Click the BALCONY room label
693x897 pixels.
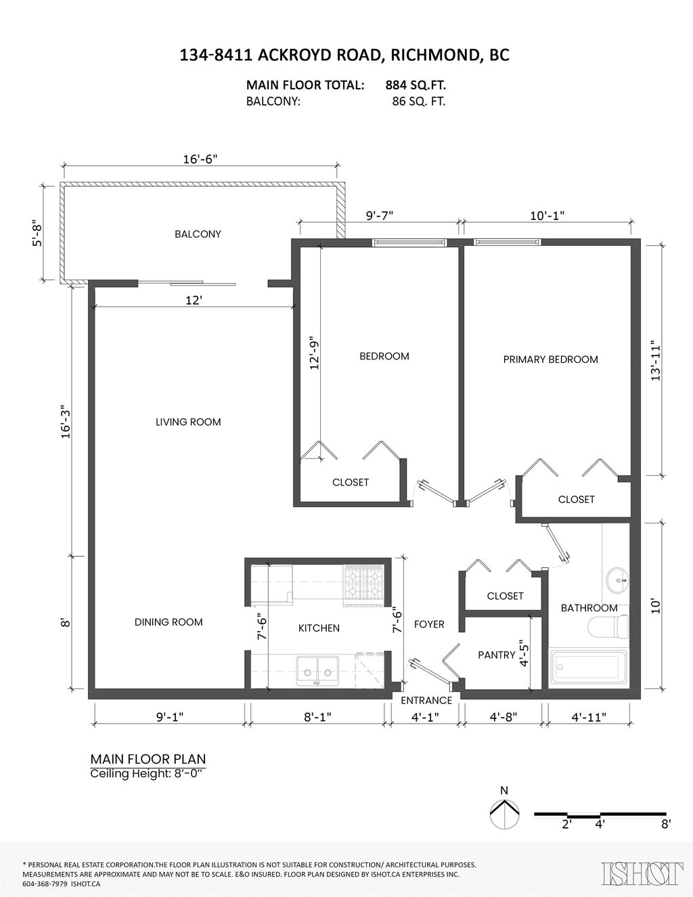(x=198, y=234)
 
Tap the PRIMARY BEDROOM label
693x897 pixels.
(x=550, y=359)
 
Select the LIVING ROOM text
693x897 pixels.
(x=188, y=422)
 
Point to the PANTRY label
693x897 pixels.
(x=497, y=655)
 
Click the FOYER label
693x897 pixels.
(x=429, y=625)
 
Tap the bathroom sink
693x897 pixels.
(x=617, y=580)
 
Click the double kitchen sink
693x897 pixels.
(x=317, y=672)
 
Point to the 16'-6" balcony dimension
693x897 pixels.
(x=200, y=159)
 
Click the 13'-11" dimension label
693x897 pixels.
(x=656, y=360)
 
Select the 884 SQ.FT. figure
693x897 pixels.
(x=416, y=85)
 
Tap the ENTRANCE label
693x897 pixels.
(x=426, y=700)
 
